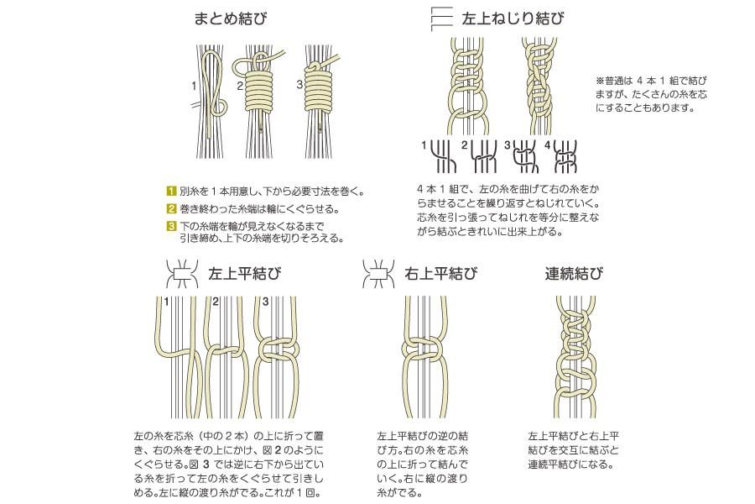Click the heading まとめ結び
click(230, 18)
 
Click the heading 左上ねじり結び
click(513, 18)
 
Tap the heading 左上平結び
click(245, 274)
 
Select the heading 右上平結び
click(441, 274)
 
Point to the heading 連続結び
click(574, 274)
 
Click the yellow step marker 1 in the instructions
click(171, 191)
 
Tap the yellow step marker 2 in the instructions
click(171, 209)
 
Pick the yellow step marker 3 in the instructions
click(171, 226)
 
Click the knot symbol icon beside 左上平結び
click(183, 274)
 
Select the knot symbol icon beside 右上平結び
click(378, 274)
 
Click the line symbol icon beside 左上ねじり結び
click(441, 18)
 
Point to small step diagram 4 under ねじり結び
click(565, 157)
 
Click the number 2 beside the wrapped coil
click(240, 87)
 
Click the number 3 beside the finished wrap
click(299, 85)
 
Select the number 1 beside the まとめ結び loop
click(194, 87)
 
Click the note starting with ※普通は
click(652, 94)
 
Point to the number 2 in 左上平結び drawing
click(216, 302)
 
